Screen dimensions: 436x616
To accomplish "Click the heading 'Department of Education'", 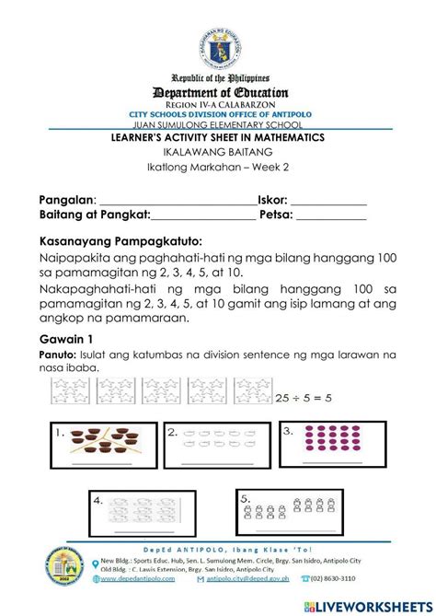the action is pyautogui.click(x=218, y=92).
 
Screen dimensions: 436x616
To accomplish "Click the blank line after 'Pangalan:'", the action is pyautogui.click(x=177, y=202).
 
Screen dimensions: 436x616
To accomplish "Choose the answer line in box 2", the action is pyautogui.click(x=218, y=463).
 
